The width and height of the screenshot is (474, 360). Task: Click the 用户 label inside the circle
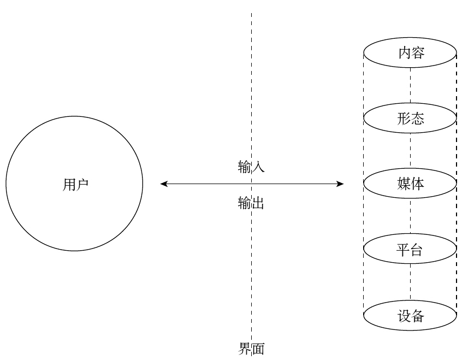point(75,185)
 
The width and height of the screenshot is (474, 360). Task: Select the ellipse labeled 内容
point(411,53)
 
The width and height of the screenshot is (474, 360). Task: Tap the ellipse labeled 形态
point(411,119)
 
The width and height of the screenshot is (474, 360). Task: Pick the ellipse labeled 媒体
point(411,184)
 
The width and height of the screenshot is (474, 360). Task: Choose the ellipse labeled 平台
point(411,250)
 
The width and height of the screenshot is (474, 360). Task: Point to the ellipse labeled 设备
point(411,316)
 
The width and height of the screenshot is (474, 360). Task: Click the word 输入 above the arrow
point(251,167)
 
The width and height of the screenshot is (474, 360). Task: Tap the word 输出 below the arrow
point(251,204)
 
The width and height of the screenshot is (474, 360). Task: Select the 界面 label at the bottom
point(251,349)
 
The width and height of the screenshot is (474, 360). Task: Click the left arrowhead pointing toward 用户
point(163,184)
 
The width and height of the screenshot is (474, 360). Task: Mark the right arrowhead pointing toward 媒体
point(341,184)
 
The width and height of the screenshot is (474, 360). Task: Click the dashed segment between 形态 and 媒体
point(411,151)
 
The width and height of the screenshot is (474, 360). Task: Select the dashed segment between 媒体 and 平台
point(411,217)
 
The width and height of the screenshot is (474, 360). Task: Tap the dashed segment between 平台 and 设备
point(411,283)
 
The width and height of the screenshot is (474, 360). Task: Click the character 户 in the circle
point(82,185)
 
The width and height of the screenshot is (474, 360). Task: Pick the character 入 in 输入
point(258,167)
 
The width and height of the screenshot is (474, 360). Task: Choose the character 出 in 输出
point(258,204)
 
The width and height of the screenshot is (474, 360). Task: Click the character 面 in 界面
point(258,349)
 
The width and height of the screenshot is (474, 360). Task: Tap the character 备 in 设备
point(418,316)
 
